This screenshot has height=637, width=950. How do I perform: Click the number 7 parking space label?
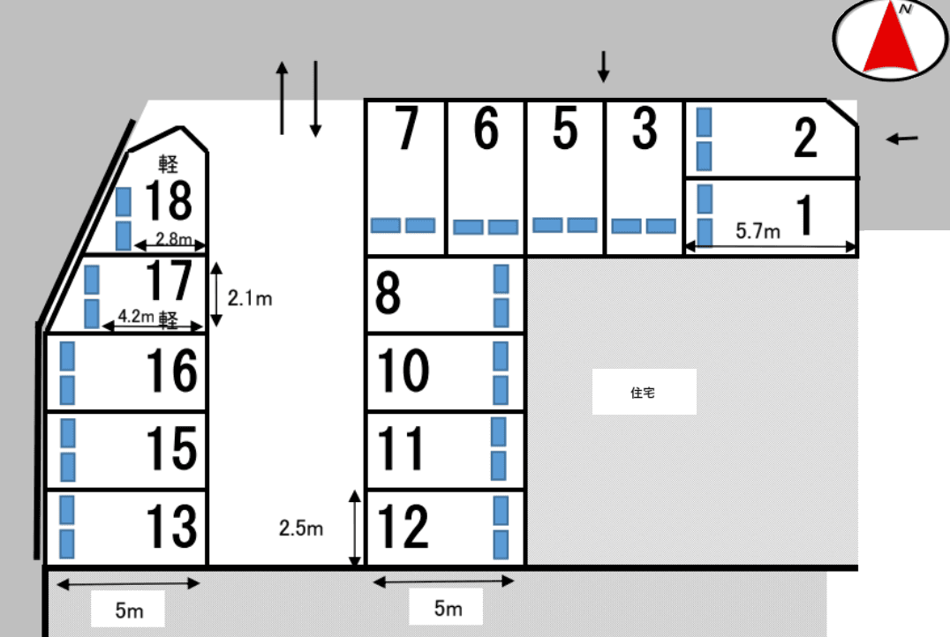[x=406, y=127]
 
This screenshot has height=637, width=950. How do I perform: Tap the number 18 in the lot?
[x=169, y=199]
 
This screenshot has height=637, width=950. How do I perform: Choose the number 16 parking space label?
[x=171, y=371]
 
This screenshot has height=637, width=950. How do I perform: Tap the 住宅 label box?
[x=644, y=392]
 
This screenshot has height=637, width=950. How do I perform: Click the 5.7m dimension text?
[x=758, y=230]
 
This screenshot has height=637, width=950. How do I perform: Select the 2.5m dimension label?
[x=301, y=528]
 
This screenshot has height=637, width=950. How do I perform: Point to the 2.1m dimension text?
[x=250, y=298]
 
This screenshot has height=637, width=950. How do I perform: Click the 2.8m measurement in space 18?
[x=174, y=238]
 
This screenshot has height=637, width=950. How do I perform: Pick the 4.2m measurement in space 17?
[x=136, y=316]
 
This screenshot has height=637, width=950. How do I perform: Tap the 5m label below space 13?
[x=129, y=610]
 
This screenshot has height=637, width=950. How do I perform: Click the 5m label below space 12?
[x=448, y=607]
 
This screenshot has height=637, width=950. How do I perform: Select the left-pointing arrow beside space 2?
[x=902, y=139]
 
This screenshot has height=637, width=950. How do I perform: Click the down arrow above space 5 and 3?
[x=603, y=66]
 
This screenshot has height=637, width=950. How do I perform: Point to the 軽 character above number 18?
[x=168, y=163]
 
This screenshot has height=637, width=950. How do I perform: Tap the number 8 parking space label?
[x=388, y=292]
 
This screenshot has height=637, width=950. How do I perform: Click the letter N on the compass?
[x=905, y=9]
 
